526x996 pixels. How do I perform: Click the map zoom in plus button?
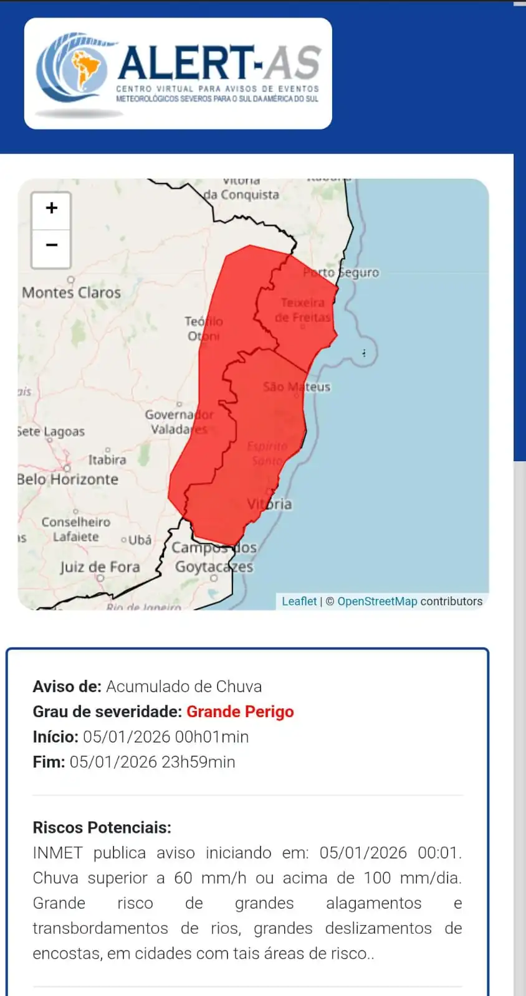point(51,209)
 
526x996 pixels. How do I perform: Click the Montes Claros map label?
point(71,293)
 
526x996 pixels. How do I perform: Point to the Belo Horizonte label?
point(67,479)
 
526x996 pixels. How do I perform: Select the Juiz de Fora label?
point(100,567)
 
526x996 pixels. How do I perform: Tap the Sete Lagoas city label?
point(51,431)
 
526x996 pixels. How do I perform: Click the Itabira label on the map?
point(107,460)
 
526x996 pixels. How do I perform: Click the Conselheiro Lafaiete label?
point(75,529)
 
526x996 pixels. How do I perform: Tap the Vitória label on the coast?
point(269,504)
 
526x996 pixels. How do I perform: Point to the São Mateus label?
point(296,387)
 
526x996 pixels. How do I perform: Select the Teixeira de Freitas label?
point(303,310)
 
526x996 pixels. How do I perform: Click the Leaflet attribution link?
point(299,601)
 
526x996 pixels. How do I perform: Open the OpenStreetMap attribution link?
point(377,601)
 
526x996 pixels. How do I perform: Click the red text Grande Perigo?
point(240,712)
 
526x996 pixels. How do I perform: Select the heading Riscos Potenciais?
point(102,827)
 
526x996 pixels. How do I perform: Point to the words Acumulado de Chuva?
point(184,687)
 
